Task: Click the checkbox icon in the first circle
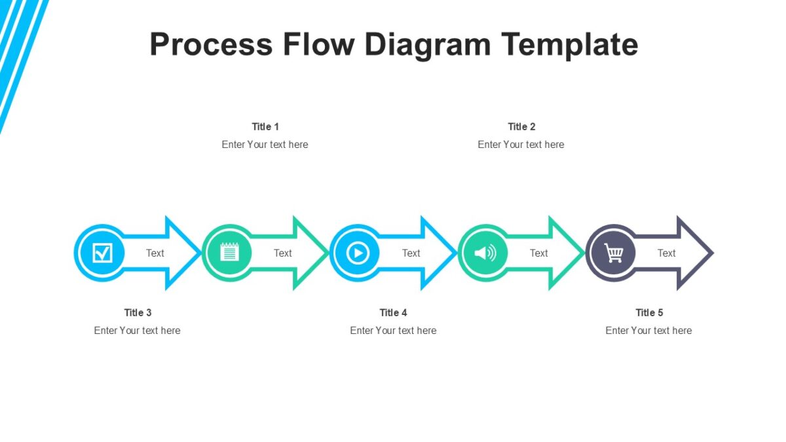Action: (102, 253)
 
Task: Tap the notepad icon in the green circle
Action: (229, 253)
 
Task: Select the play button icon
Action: (358, 253)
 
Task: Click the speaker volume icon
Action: (485, 253)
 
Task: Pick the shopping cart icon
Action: (613, 253)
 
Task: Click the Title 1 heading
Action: (265, 126)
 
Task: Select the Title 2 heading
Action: (521, 126)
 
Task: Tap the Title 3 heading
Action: (138, 312)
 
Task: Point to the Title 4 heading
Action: (393, 312)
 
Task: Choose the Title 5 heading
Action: (649, 312)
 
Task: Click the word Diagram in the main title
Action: (427, 45)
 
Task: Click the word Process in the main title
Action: (211, 45)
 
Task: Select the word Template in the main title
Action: (570, 45)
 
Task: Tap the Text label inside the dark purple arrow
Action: (666, 253)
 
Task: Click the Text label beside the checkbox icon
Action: (155, 253)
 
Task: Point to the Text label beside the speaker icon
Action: (538, 253)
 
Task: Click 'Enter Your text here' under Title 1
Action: (265, 144)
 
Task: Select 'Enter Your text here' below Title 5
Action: (648, 330)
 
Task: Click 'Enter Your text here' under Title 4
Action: (393, 330)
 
